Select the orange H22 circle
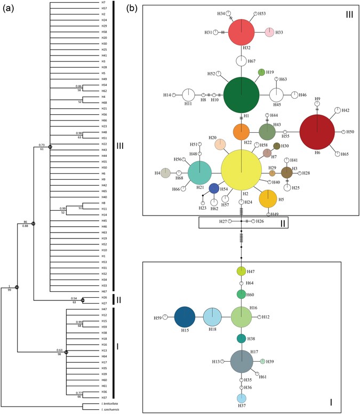(x=242, y=131)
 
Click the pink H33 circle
(x=270, y=33)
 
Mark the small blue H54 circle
(x=214, y=188)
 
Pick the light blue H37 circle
(x=242, y=398)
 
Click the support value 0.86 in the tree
(x=79, y=86)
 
